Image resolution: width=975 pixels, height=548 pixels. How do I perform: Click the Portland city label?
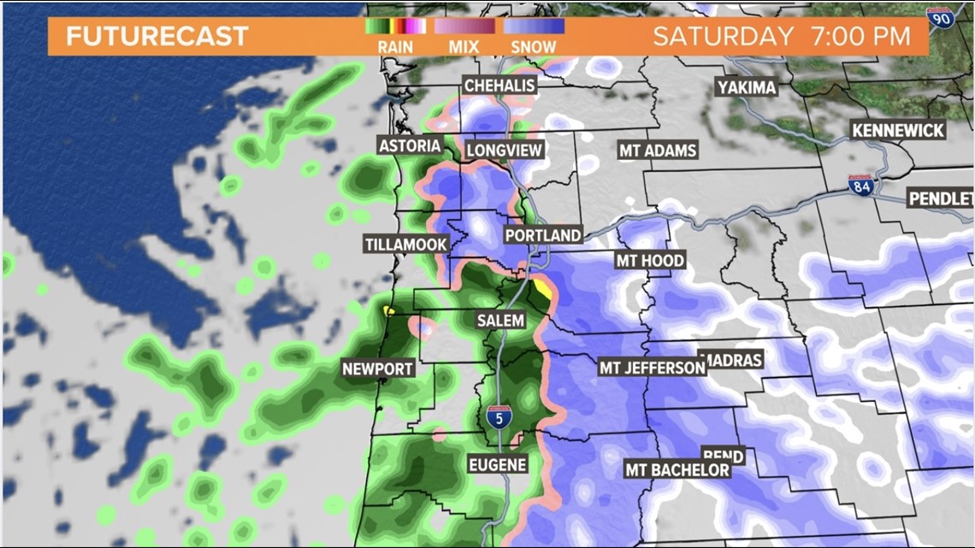point(542,235)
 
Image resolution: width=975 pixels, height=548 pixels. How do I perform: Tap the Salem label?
point(500,320)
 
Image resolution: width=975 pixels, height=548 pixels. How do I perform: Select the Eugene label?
point(497,464)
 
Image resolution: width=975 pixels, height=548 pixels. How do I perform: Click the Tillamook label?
point(406,245)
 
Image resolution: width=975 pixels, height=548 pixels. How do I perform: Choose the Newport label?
point(377,369)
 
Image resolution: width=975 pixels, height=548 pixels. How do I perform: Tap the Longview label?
point(505,150)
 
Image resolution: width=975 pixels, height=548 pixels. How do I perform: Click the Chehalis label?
point(499,85)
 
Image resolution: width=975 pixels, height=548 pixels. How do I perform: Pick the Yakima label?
point(747,87)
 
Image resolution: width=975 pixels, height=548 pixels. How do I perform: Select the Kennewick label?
point(898,131)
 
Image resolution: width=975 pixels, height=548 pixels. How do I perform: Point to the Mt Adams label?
point(658,150)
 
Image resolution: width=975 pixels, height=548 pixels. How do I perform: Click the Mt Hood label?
point(650,261)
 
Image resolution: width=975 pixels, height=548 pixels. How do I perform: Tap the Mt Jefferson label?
point(652,368)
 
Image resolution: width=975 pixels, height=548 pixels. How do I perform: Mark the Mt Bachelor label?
point(677,469)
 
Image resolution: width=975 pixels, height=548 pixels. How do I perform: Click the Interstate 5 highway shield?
point(496,418)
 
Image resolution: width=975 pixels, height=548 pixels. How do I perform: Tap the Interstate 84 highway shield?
point(860,186)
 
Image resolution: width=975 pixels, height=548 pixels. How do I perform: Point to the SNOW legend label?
point(533,48)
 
